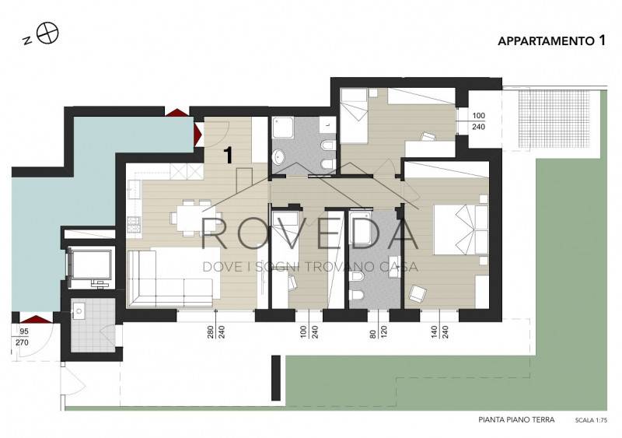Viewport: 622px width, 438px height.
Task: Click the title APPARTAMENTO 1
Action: tap(552, 40)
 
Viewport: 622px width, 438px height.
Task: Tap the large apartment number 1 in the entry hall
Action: tap(228, 156)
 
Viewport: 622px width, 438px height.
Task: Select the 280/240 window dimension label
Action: tap(216, 332)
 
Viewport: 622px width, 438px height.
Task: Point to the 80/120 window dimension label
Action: tap(379, 332)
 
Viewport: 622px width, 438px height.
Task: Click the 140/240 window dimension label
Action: tap(439, 332)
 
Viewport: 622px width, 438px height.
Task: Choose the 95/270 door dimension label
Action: tap(23, 337)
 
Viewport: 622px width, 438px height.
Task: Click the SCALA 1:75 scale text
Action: tap(591, 420)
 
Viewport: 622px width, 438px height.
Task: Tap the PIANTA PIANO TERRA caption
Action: tap(516, 419)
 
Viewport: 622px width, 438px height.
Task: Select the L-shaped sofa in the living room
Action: tap(173, 277)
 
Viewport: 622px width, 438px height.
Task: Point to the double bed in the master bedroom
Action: tap(461, 230)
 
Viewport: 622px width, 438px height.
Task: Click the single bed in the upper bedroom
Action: tap(355, 116)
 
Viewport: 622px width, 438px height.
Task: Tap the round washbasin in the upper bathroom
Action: tap(279, 157)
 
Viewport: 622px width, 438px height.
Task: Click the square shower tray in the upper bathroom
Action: tap(283, 128)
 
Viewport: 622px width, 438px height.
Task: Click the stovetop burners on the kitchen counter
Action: tap(134, 225)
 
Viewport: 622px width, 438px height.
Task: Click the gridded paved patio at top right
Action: tap(554, 118)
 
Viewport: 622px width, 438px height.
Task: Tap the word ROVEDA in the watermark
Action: tap(309, 233)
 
